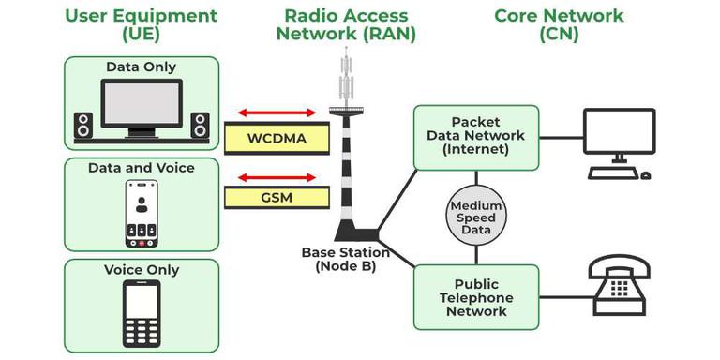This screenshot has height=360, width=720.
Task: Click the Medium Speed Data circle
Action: (476, 218)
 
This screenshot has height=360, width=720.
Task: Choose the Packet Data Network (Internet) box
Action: (476, 137)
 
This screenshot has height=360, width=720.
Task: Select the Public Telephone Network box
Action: (476, 296)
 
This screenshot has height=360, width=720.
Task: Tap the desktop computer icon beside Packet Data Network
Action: (617, 142)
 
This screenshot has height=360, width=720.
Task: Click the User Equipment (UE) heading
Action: (142, 25)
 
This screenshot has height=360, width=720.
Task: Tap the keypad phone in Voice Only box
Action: (142, 313)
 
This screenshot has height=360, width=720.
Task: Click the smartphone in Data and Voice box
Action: (142, 213)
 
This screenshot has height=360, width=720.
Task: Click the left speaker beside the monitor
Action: (83, 126)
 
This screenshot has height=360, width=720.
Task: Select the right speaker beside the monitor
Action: (200, 126)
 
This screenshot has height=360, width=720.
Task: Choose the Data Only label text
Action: (142, 67)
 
